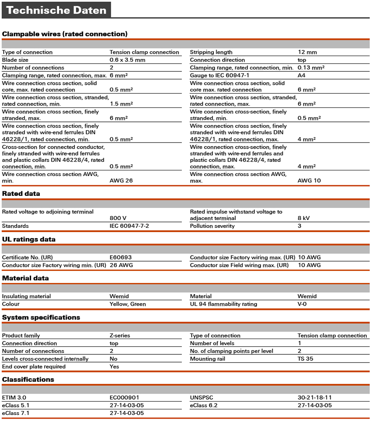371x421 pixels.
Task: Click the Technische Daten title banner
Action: (56, 10)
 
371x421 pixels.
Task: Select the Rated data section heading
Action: (21, 194)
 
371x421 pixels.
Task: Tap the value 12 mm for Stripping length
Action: (307, 52)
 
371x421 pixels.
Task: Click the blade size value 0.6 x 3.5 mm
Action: (127, 60)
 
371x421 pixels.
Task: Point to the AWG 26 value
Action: (121, 181)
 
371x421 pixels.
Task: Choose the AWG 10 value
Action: (309, 181)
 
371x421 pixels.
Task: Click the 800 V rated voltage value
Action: (118, 218)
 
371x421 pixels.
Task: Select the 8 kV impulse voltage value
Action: (303, 218)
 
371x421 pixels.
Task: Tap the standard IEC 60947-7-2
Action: (129, 226)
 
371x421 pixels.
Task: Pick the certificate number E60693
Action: (121, 258)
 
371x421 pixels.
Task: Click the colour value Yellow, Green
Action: (128, 304)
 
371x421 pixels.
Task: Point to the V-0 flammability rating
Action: (302, 304)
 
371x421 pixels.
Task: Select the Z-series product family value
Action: (120, 336)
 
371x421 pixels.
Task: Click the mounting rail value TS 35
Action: (305, 359)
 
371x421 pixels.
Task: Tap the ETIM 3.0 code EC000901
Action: (124, 398)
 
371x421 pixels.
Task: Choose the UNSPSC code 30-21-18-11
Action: (314, 398)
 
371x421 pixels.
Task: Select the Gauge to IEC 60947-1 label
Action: (220, 75)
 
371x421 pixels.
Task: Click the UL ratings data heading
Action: (29, 239)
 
